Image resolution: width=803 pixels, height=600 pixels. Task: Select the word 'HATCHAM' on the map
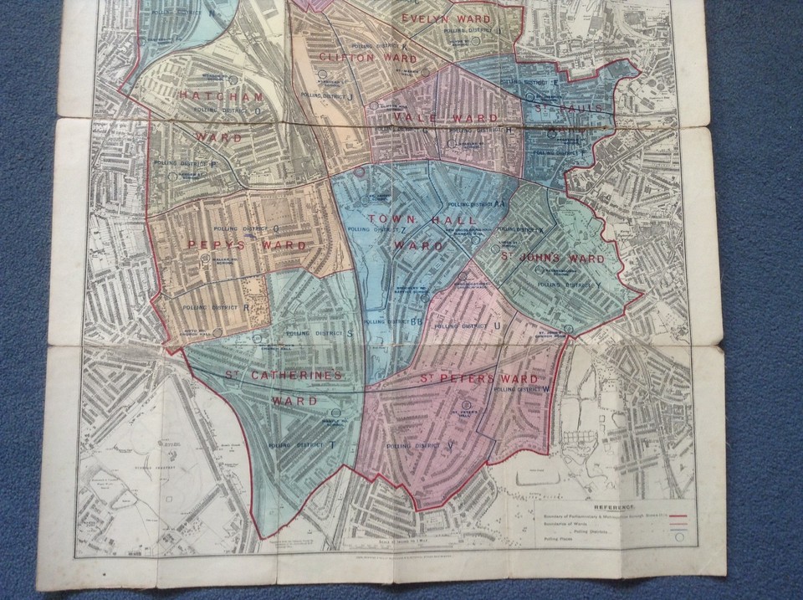[209, 97]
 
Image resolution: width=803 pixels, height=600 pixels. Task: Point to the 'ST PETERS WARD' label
[478, 379]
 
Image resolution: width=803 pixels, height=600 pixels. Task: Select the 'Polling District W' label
[520, 389]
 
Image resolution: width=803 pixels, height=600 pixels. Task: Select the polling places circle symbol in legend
[678, 538]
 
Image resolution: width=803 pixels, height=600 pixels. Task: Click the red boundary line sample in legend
[678, 516]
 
